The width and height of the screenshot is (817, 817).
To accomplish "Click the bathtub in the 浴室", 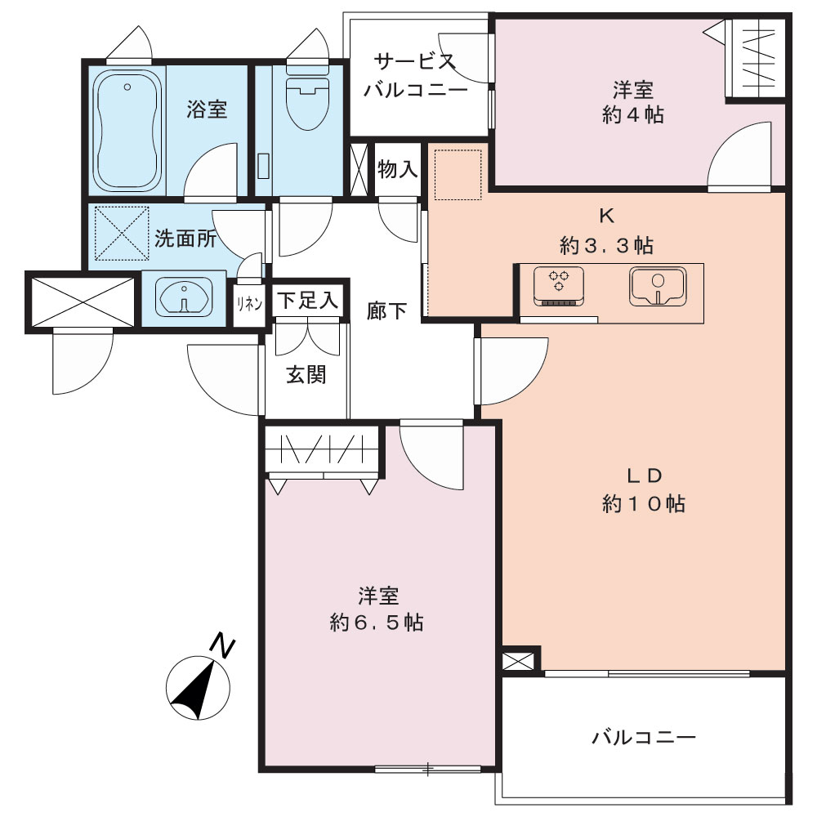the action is point(127,130).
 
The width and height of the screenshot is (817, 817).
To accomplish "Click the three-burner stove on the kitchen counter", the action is point(559,287).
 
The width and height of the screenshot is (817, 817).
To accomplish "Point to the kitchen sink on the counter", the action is point(658,287).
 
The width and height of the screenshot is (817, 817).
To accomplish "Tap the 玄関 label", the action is point(306,375).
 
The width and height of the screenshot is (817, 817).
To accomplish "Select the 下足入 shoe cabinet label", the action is point(307,301).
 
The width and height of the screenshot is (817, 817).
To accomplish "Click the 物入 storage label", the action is point(398,169).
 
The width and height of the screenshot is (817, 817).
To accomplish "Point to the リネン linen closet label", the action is point(249,304).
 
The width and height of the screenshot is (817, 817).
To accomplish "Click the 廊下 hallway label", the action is point(386,311).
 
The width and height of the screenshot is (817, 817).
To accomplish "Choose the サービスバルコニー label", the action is point(415,76).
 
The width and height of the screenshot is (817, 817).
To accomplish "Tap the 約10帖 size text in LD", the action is point(644,504).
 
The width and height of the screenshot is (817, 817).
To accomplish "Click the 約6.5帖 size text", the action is point(377,623).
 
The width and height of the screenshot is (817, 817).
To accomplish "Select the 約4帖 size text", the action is point(633,114).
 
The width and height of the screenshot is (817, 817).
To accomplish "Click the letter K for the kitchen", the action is point(606,217).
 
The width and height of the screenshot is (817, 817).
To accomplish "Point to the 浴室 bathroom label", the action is point(207,110).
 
